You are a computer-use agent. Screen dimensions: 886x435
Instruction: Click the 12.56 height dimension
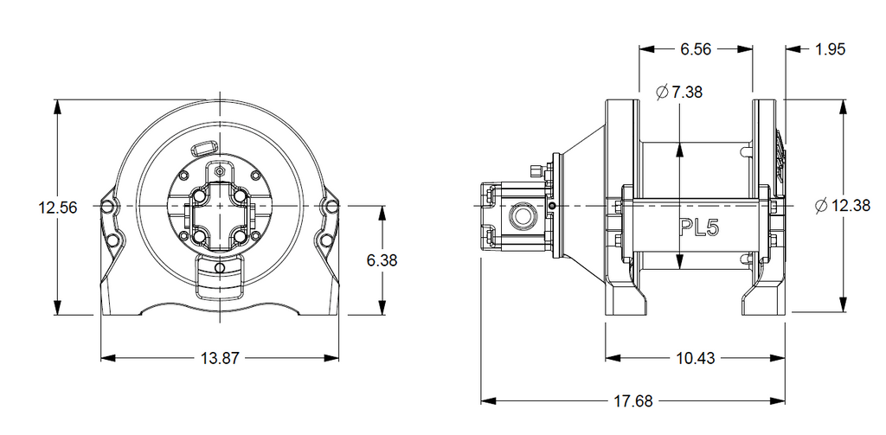(57, 208)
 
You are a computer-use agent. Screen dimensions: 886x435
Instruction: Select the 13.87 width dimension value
(221, 358)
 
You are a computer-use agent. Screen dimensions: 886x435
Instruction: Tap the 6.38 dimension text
(382, 260)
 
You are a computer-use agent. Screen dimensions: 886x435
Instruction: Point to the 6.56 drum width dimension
(696, 49)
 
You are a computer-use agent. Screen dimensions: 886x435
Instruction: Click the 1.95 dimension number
(830, 49)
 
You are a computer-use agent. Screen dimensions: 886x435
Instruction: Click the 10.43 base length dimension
(696, 358)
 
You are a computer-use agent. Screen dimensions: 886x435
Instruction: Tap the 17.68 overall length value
(633, 401)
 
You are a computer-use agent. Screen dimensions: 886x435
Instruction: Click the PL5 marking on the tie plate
(698, 227)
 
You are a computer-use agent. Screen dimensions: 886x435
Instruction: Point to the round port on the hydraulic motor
(520, 215)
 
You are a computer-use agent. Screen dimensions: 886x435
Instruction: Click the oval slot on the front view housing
(203, 148)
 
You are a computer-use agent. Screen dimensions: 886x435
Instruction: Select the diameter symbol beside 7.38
(662, 92)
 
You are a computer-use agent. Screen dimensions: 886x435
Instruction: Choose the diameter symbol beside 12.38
(822, 206)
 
